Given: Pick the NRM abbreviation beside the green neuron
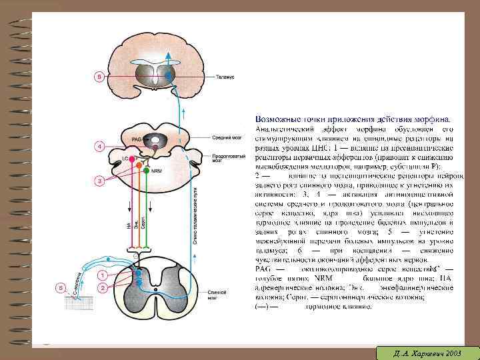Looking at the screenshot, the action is (157, 171).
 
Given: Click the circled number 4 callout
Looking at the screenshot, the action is (99, 145).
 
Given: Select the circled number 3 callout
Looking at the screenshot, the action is (99, 181).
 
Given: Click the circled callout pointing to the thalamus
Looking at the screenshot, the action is (99, 77).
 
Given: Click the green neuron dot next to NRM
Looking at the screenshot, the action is (147, 171).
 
